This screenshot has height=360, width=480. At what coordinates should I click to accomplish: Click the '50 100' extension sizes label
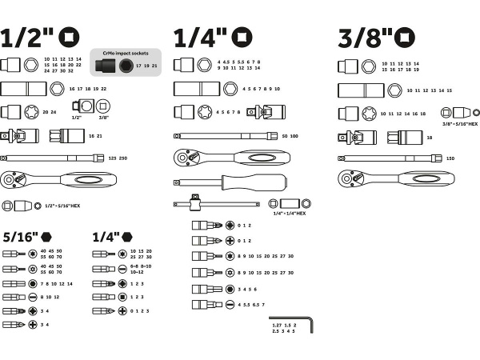pos(289,137)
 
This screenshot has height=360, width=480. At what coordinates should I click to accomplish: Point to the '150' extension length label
pos(450,158)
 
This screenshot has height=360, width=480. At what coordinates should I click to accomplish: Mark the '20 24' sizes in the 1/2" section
pos(49,112)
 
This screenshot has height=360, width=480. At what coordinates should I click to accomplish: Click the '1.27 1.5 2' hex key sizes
pos(284,326)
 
